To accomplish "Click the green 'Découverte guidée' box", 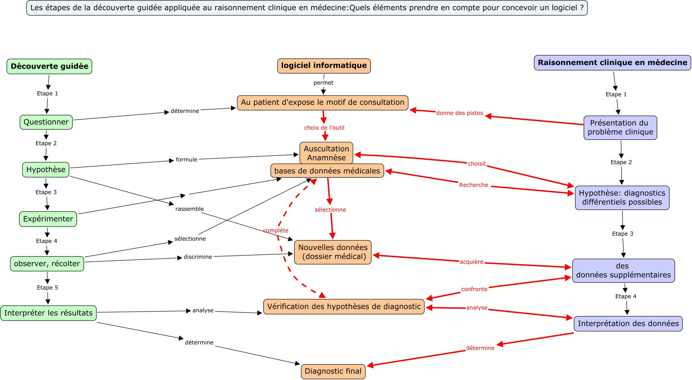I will pos(49,66).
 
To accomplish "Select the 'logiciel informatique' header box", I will pos(324,66).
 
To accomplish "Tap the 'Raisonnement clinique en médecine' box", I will pos(612,63).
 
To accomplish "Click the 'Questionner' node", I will pos(46,122).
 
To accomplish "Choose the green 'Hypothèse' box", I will pos(46,170).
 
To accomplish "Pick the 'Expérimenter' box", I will pos(48,219).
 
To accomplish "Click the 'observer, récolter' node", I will pos(47,264).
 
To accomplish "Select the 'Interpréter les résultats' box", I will pos(48,313).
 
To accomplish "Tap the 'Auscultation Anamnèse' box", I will pos(326,153).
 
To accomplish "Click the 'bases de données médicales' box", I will pos(327,171).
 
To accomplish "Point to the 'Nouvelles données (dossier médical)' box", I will pos(333,252).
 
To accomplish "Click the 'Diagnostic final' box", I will pos(333,371).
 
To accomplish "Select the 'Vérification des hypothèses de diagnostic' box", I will pos(344,307).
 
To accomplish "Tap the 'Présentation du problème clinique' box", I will pos(620,127).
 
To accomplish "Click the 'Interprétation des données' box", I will pos(628,324).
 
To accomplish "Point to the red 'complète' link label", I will pos(276,230).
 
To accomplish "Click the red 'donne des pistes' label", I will pos(460,113).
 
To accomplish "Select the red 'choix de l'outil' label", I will pos(324,128).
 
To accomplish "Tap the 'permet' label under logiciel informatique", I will pos(323,83).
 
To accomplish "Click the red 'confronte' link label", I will pos(474,289).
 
